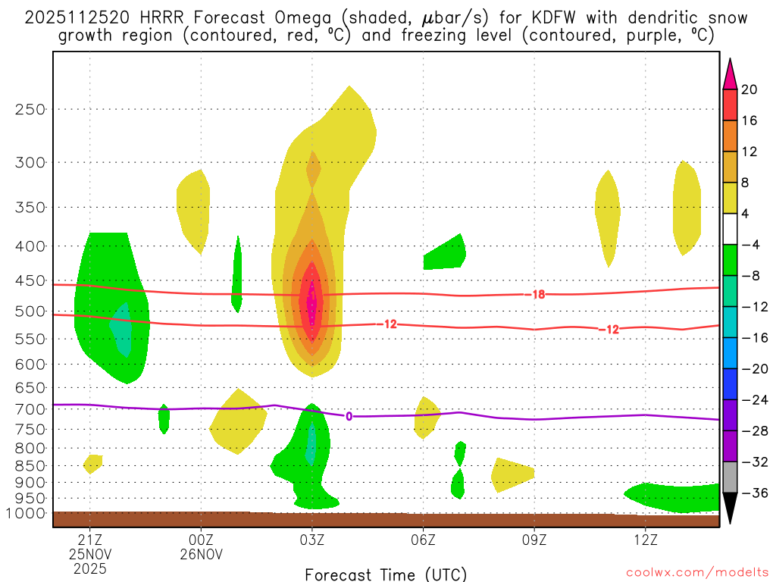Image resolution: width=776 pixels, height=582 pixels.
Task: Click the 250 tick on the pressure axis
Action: pos(30,109)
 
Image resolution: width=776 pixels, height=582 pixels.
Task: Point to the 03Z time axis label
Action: pos(312,539)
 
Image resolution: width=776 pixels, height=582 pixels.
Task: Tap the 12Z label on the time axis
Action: pos(645,539)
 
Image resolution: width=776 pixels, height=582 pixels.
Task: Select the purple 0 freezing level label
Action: pos(349,416)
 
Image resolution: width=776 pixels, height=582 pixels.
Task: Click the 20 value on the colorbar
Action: pos(749,89)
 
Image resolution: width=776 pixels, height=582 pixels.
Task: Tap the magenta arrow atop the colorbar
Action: pos(730,74)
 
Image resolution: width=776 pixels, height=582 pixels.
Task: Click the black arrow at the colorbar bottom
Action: pos(730,508)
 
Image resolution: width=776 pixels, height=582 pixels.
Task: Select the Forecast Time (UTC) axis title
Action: pos(386,574)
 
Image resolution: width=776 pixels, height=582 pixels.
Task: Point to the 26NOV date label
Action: pos(201,554)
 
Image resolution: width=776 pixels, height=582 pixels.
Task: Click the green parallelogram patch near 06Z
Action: pos(444,253)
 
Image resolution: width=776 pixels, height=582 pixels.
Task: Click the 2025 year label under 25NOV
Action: pos(90,568)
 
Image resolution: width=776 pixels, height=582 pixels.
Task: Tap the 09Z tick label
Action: pos(534,539)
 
